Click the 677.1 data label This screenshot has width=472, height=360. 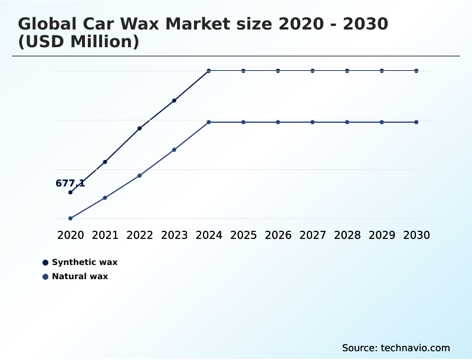(x=70, y=184)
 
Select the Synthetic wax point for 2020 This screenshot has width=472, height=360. (x=70, y=192)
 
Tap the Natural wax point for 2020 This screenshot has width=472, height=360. (x=70, y=218)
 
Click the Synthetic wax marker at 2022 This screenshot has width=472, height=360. (x=140, y=128)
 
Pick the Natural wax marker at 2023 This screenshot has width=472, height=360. (x=174, y=150)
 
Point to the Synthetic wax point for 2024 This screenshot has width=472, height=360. (x=209, y=71)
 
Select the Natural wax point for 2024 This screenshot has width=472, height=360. (x=209, y=122)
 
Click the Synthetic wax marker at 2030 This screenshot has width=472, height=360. (x=417, y=71)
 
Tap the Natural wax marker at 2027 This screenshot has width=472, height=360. (x=313, y=122)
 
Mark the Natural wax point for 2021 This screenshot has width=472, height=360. (x=105, y=198)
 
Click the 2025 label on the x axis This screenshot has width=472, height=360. (x=243, y=235)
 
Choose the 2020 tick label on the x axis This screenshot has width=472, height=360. (x=70, y=235)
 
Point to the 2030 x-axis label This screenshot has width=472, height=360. (x=417, y=235)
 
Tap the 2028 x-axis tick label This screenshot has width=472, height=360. (x=347, y=235)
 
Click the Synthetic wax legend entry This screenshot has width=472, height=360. (x=84, y=262)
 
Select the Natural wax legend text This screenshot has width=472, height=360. (x=80, y=276)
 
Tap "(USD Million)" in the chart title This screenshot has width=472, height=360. (x=78, y=42)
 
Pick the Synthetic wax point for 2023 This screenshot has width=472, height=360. (x=174, y=100)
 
